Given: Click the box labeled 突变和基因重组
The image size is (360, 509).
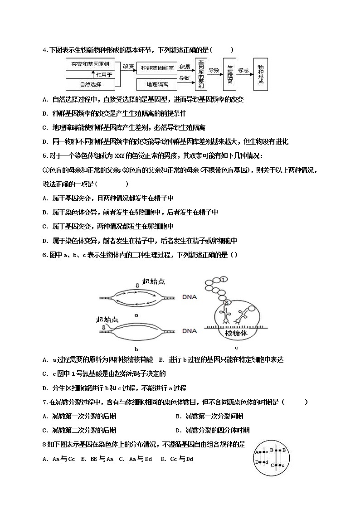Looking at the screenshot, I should click(91, 64).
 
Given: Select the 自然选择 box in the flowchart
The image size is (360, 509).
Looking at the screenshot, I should click(91, 84).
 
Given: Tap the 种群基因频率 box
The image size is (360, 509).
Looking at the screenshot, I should click(157, 68).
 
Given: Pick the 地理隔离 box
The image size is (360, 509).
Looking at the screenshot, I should click(157, 84).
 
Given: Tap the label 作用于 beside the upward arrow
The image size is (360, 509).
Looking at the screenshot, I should click(104, 74).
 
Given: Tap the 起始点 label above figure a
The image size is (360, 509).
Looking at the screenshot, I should click(154, 281).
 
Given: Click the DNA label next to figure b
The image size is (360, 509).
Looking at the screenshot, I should click(190, 331).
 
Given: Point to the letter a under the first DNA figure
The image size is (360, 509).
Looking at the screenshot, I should click(136, 314).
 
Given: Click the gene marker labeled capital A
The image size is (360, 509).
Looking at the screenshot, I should click(257, 452).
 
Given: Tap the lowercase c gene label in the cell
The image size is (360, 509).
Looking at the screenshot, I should click(283, 465).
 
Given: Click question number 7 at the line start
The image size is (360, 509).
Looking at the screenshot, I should click(45, 402).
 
